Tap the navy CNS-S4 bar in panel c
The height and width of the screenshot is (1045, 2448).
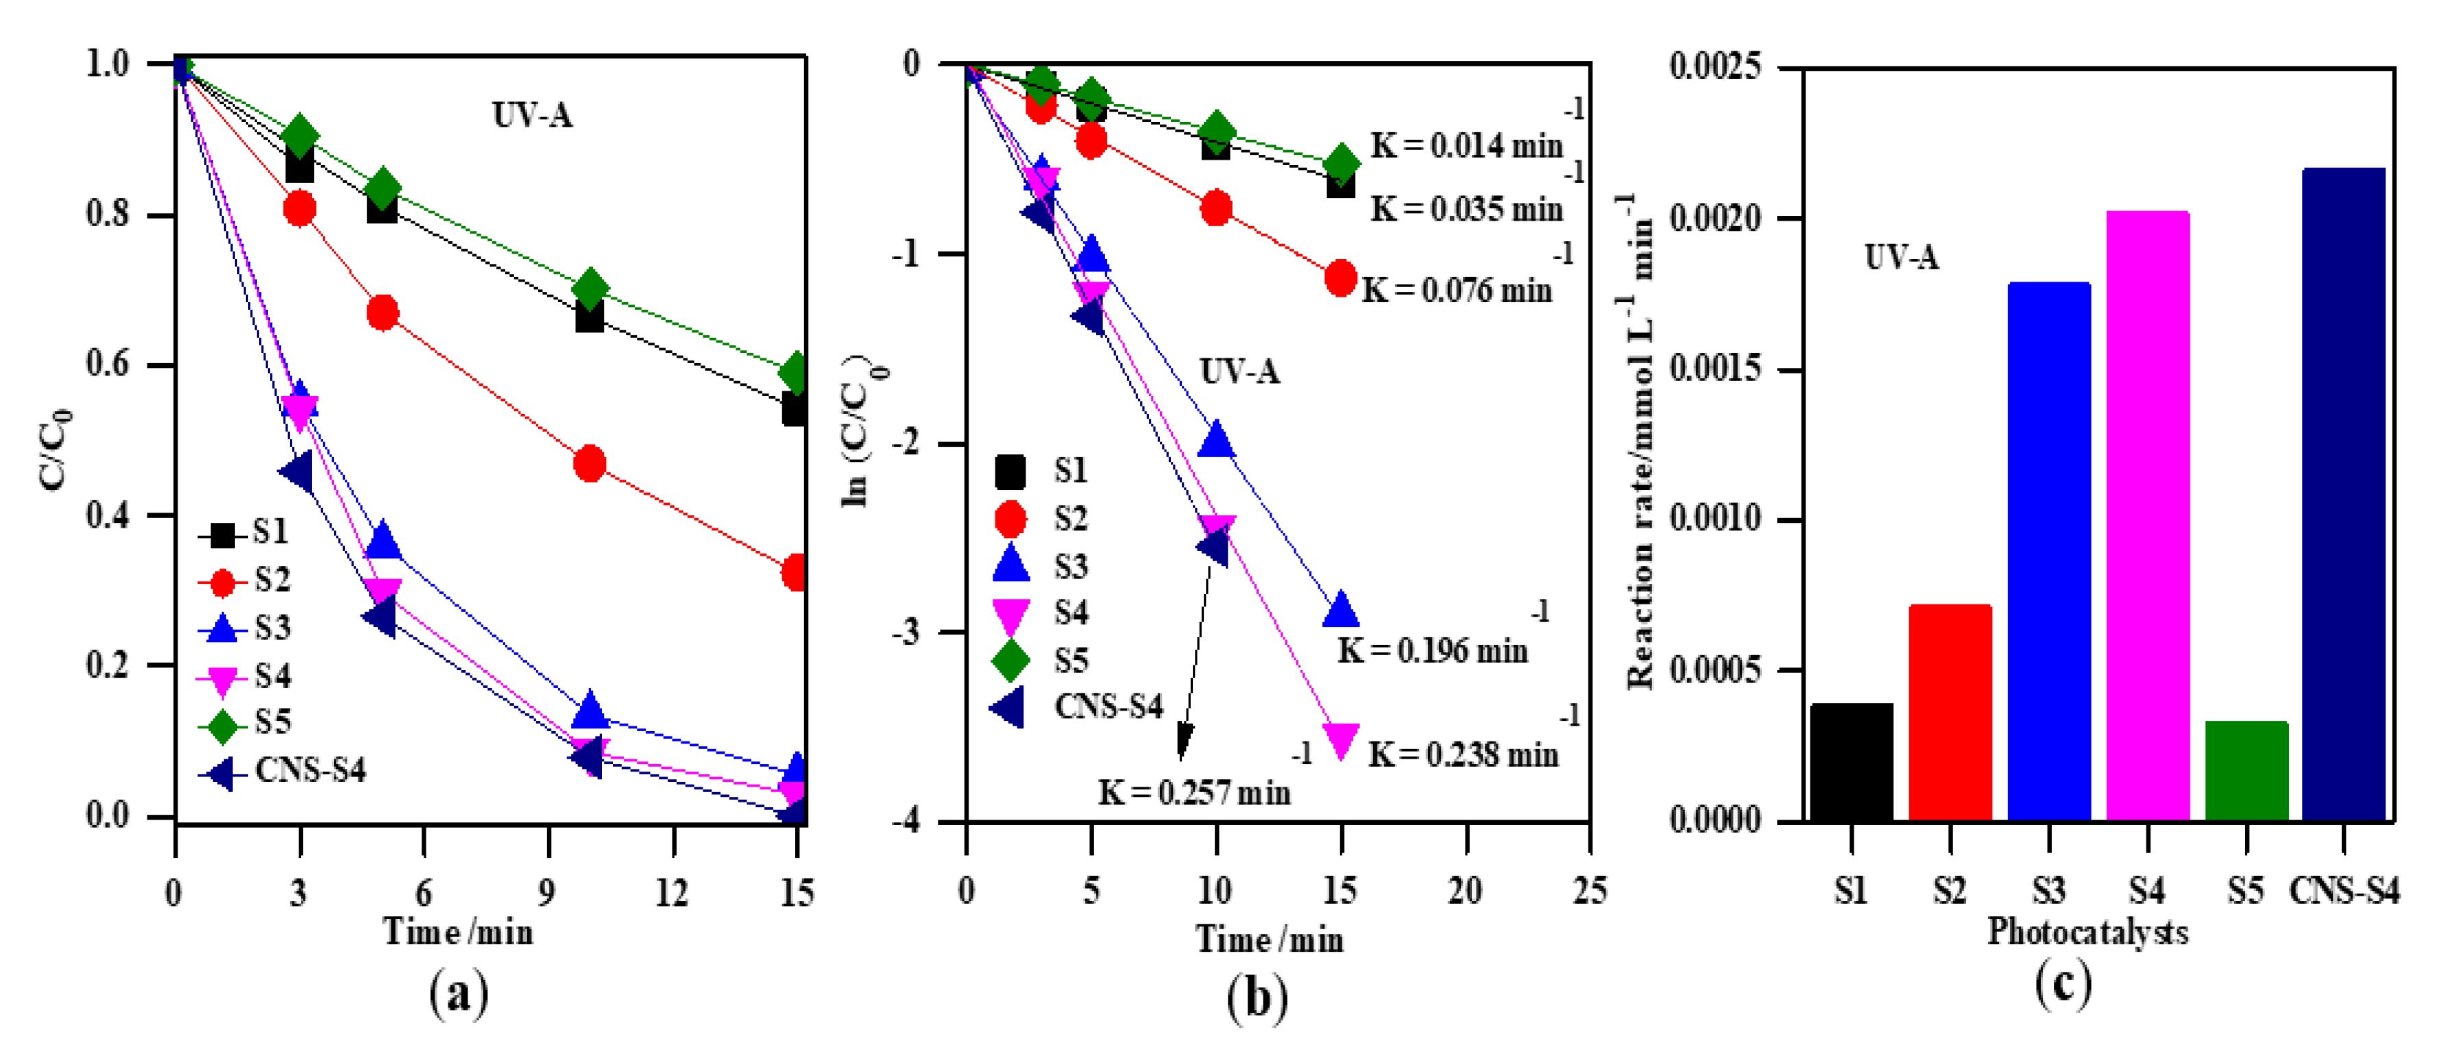coord(2344,494)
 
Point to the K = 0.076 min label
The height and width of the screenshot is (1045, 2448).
coord(1456,288)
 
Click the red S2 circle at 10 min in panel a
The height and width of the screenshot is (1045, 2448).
coord(589,464)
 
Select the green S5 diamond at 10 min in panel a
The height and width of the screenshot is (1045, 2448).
coord(589,288)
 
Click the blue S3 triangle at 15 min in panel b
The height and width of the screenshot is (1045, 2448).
coord(1340,611)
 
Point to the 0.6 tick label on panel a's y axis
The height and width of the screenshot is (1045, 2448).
coord(108,364)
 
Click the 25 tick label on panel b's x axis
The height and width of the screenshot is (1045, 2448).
coord(1590,890)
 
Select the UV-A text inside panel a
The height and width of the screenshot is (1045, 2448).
coord(532,115)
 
